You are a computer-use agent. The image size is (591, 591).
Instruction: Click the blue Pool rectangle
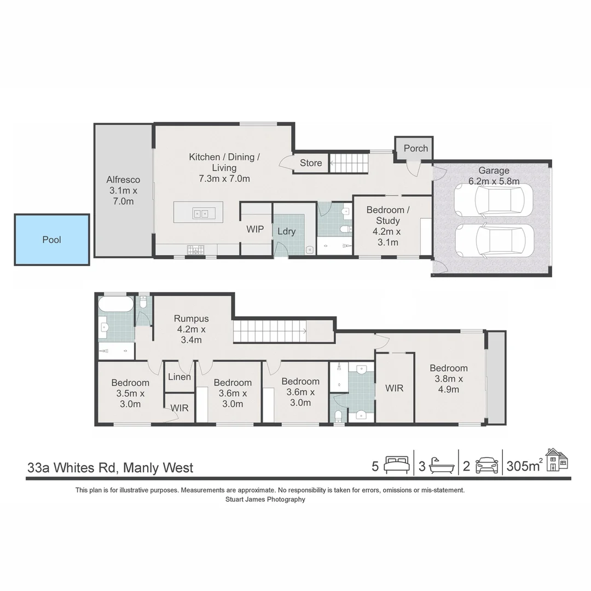(x=52, y=240)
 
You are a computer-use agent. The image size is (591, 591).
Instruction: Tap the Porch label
(x=416, y=148)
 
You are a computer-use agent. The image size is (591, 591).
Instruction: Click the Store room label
(x=311, y=163)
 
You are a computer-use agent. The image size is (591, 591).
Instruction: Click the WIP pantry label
(x=256, y=229)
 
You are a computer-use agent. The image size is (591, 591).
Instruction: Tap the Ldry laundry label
(x=286, y=231)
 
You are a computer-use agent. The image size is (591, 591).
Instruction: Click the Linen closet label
(x=179, y=377)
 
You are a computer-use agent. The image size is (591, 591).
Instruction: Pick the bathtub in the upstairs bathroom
(x=115, y=304)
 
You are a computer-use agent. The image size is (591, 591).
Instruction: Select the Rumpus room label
(x=191, y=329)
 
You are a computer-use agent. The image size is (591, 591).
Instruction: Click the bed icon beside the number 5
(x=397, y=466)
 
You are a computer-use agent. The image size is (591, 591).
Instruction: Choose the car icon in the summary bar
(x=486, y=466)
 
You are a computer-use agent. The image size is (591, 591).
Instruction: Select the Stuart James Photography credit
(x=265, y=499)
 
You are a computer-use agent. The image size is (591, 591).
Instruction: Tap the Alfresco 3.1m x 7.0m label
(x=123, y=190)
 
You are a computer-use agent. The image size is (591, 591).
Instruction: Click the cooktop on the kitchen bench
(x=195, y=250)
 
